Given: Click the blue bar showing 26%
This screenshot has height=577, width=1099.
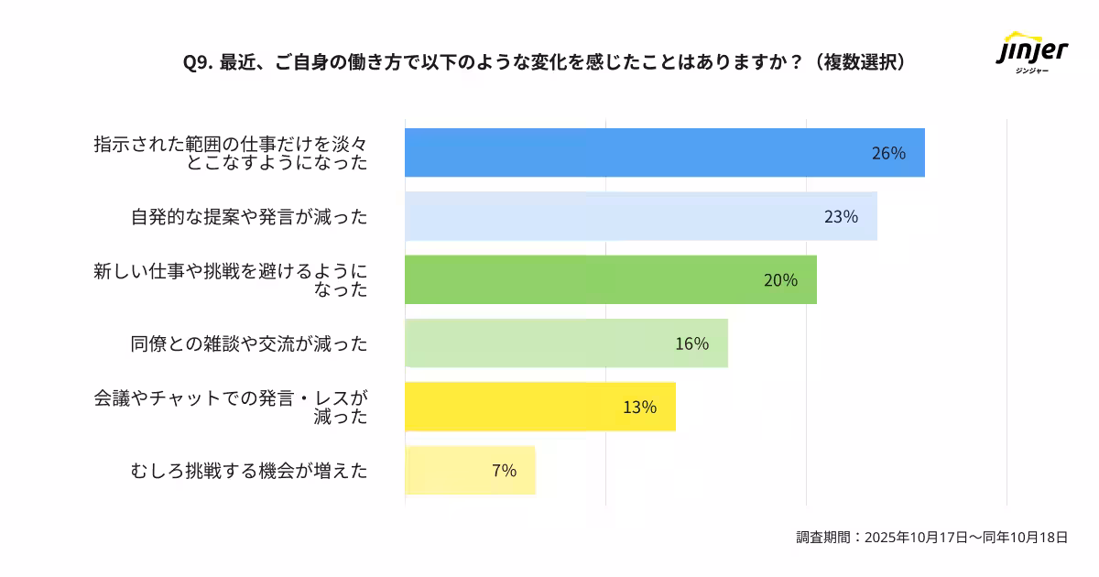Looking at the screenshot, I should point(664,153).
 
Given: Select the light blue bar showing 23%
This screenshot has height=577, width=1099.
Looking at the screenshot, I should point(641,216).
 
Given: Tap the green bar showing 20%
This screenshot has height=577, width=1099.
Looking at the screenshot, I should point(610,279).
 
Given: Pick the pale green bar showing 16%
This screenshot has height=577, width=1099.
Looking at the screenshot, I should point(566,343).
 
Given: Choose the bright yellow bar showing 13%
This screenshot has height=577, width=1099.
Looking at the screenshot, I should point(540,407).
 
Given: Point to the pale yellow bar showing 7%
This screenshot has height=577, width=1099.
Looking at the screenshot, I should point(470,471).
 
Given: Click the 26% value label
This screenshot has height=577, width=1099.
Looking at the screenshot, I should point(888,153).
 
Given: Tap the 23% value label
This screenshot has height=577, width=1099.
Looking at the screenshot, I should point(841,217).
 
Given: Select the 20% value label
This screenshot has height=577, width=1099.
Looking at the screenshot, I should point(780,280).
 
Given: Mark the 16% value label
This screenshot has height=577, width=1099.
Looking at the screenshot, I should point(691,343).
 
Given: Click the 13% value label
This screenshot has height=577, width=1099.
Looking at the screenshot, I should point(639,407).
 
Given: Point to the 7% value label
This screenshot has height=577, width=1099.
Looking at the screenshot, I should point(504,471).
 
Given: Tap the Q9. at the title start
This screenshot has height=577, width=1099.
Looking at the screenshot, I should point(197,61).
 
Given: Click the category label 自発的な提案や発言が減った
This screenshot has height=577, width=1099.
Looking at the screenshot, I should point(249,217).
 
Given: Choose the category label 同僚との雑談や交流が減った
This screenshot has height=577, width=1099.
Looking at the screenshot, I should point(249,343).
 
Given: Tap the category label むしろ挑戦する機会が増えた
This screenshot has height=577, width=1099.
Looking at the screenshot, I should point(249,471).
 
